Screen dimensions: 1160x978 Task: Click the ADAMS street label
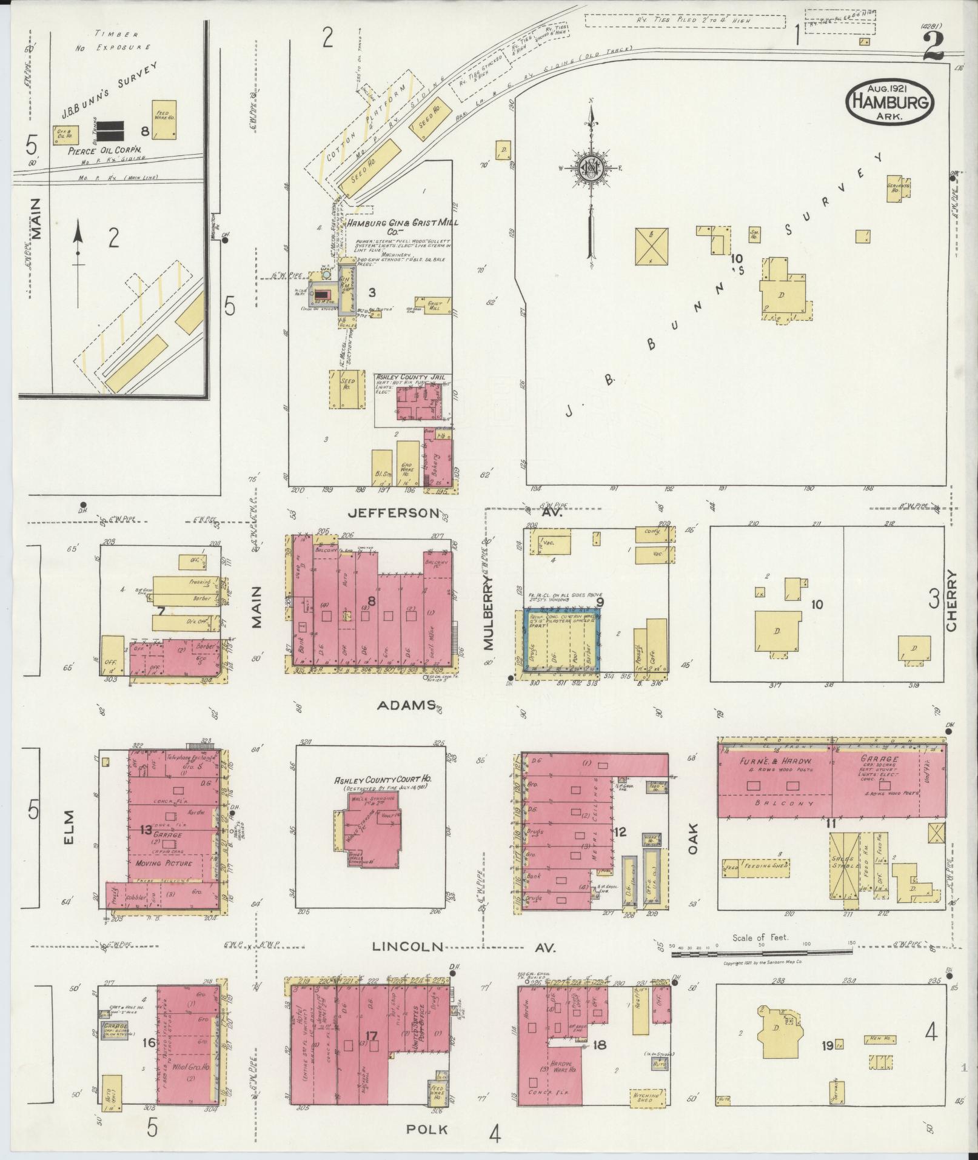coord(406,705)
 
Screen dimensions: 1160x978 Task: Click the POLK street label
coord(427,1129)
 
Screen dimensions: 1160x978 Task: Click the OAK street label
coord(693,839)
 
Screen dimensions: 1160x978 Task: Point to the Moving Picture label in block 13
coord(163,863)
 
